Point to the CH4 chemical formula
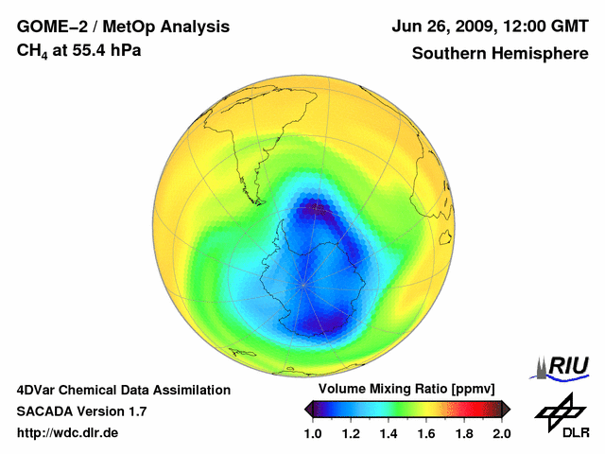pyautogui.click(x=32, y=50)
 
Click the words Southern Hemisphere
pyautogui.click(x=499, y=53)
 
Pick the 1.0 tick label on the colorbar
pyautogui.click(x=316, y=433)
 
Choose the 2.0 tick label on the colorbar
pyautogui.click(x=502, y=433)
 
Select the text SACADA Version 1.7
pyautogui.click(x=81, y=411)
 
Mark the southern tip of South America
pyautogui.click(x=255, y=201)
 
